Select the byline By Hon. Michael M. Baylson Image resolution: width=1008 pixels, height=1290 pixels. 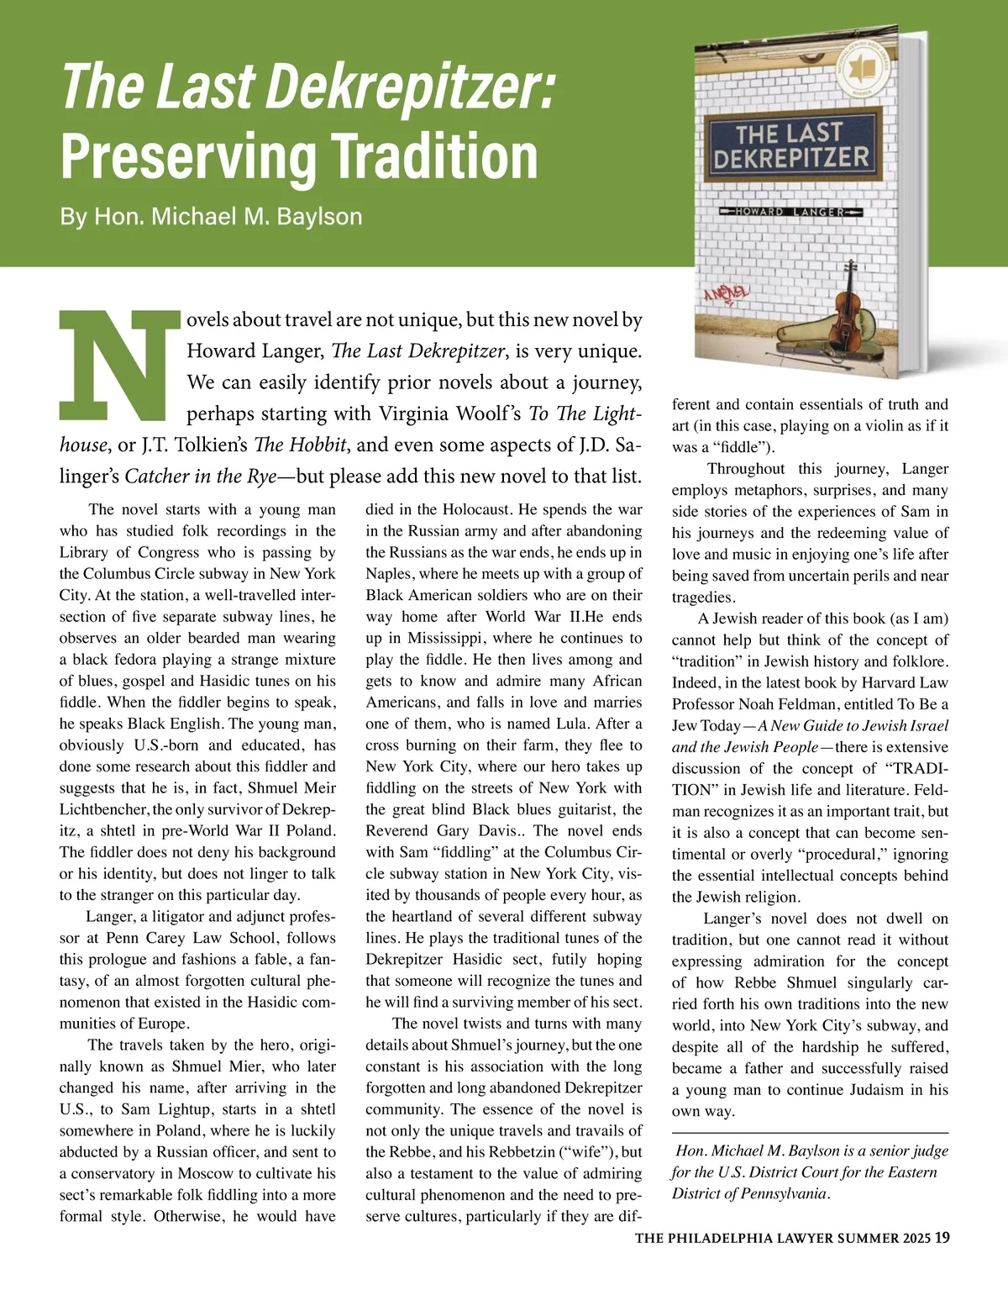[x=211, y=216]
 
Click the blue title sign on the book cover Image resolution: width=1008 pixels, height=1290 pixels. [x=790, y=145]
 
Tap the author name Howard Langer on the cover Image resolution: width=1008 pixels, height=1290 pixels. [x=790, y=213]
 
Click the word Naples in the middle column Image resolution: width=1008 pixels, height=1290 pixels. [x=389, y=574]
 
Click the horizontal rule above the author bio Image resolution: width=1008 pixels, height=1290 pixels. [x=810, y=1134]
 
